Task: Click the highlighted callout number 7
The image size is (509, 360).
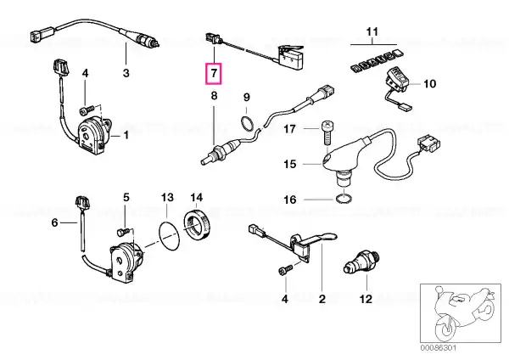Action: pyautogui.click(x=215, y=75)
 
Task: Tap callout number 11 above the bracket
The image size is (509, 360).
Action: pyautogui.click(x=370, y=32)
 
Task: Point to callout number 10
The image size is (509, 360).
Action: pyautogui.click(x=428, y=84)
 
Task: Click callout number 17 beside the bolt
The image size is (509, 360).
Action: pyautogui.click(x=289, y=130)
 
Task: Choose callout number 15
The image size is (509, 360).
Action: pyautogui.click(x=289, y=164)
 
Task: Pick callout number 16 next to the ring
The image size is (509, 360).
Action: pyautogui.click(x=289, y=201)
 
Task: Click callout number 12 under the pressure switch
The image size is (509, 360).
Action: pyautogui.click(x=366, y=299)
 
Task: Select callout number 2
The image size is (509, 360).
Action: pyautogui.click(x=322, y=299)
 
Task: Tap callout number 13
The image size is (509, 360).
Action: pyautogui.click(x=167, y=198)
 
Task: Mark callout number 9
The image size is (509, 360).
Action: pyautogui.click(x=247, y=97)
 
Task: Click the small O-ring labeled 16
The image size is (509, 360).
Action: pyautogui.click(x=342, y=201)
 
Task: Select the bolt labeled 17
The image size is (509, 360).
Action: pyautogui.click(x=327, y=129)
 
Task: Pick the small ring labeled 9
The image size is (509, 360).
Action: pyautogui.click(x=247, y=125)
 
